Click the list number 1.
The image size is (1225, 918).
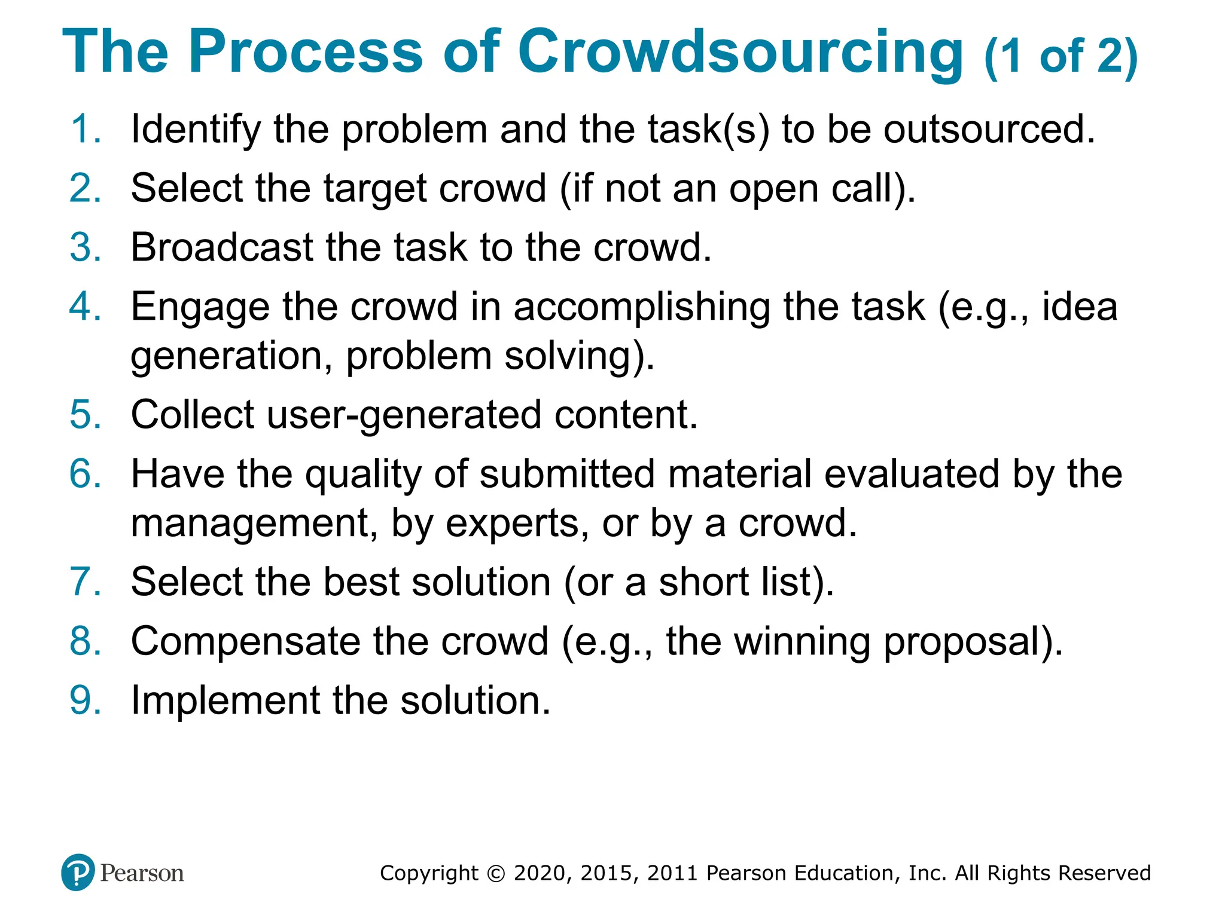[84, 128]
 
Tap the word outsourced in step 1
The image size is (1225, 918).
[989, 128]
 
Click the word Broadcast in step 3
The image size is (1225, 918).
[222, 247]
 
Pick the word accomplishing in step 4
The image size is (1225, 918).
[641, 308]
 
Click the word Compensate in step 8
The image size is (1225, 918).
[245, 641]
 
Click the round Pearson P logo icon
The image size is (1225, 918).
[78, 873]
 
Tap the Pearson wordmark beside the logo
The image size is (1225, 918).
[142, 873]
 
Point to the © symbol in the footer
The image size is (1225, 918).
[496, 873]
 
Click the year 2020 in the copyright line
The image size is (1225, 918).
[541, 873]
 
